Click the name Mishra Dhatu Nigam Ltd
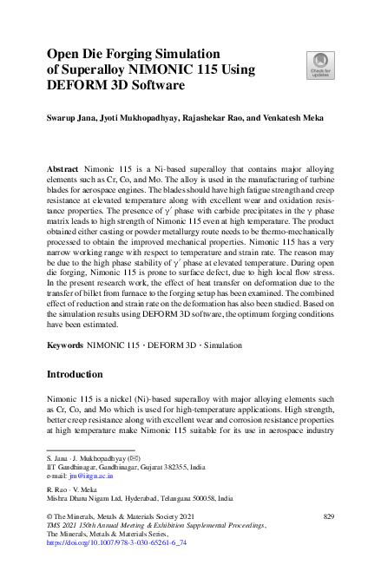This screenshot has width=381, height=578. pos(86,499)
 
